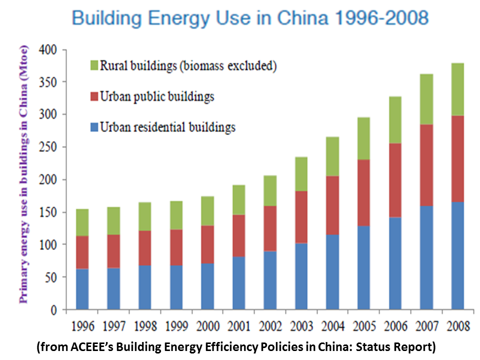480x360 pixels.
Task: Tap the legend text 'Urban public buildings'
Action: pyautogui.click(x=157, y=96)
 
